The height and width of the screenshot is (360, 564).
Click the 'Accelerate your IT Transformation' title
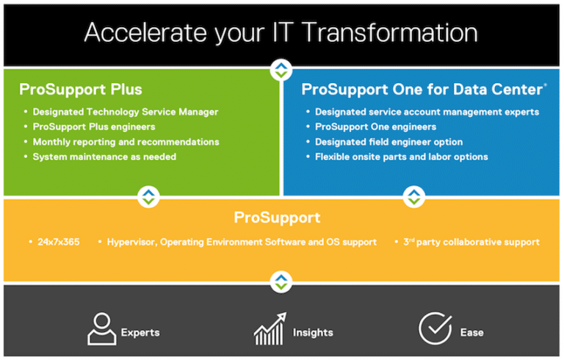pyautogui.click(x=281, y=33)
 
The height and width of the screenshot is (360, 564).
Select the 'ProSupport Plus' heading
pyautogui.click(x=81, y=90)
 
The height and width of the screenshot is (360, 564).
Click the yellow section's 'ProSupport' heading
pyautogui.click(x=277, y=217)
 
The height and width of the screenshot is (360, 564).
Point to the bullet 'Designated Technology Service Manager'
pyautogui.click(x=126, y=112)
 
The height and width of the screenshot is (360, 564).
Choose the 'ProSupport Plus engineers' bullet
pyautogui.click(x=94, y=127)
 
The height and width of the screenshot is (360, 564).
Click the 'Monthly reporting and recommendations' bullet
pyautogui.click(x=126, y=143)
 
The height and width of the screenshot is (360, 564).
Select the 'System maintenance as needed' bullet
pyautogui.click(x=104, y=157)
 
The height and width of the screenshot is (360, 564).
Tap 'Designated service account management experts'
pyautogui.click(x=427, y=112)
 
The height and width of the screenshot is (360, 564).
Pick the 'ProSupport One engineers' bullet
pyautogui.click(x=375, y=127)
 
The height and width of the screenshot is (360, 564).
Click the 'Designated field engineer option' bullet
pyautogui.click(x=388, y=143)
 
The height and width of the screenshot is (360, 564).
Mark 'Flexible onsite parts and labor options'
pyautogui.click(x=402, y=157)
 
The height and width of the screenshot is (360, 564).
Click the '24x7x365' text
pyautogui.click(x=59, y=242)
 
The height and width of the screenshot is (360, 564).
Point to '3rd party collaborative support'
pyautogui.click(x=471, y=242)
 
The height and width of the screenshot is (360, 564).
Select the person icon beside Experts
pyautogui.click(x=102, y=329)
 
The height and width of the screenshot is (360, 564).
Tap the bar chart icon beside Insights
pyautogui.click(x=270, y=328)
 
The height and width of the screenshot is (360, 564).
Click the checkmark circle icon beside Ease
pyautogui.click(x=435, y=328)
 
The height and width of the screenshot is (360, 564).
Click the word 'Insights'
pyautogui.click(x=313, y=333)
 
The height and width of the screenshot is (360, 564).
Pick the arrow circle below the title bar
pyautogui.click(x=281, y=70)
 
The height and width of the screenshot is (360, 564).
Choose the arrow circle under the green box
pyautogui.click(x=148, y=197)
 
